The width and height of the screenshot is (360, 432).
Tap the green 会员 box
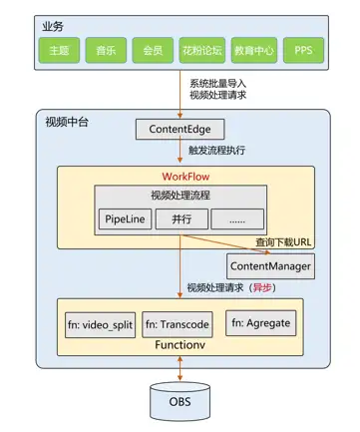tap(152, 47)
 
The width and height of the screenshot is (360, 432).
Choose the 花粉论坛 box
tap(198, 47)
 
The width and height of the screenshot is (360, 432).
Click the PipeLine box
tap(125, 218)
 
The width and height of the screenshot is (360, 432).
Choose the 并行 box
tap(180, 218)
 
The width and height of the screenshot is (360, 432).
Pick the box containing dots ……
tap(236, 218)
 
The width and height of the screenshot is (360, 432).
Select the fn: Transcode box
tap(180, 324)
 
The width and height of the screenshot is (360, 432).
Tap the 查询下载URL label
tap(285, 241)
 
